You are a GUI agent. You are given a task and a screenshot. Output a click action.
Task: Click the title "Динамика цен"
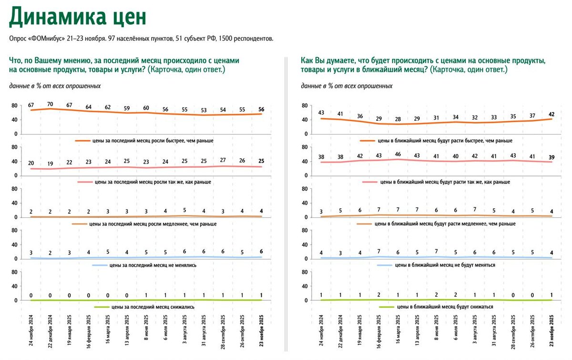tap(78, 17)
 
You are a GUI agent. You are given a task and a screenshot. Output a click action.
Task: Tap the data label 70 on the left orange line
tap(50, 103)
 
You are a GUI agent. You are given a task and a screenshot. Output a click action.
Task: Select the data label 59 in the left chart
tap(127, 108)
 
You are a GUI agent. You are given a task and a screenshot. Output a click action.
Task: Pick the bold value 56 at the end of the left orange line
tap(261, 109)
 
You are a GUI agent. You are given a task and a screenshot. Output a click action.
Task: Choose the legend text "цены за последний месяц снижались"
tap(152, 307)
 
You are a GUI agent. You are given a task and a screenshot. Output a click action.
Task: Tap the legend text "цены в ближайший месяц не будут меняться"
tap(445, 265)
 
